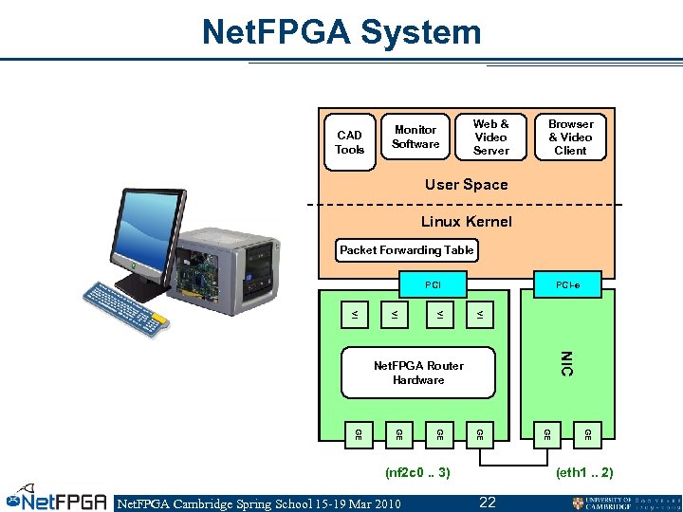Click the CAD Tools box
(349, 143)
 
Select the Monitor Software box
(415, 137)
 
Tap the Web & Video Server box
(490, 137)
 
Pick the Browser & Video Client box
(570, 137)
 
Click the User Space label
(466, 185)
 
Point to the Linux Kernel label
(466, 222)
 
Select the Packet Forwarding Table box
(407, 250)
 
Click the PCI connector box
(433, 283)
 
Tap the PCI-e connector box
(569, 283)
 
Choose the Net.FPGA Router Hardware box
(418, 373)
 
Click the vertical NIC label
(566, 363)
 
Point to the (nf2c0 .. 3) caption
(418, 471)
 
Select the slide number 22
(488, 502)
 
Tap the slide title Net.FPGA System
(341, 32)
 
